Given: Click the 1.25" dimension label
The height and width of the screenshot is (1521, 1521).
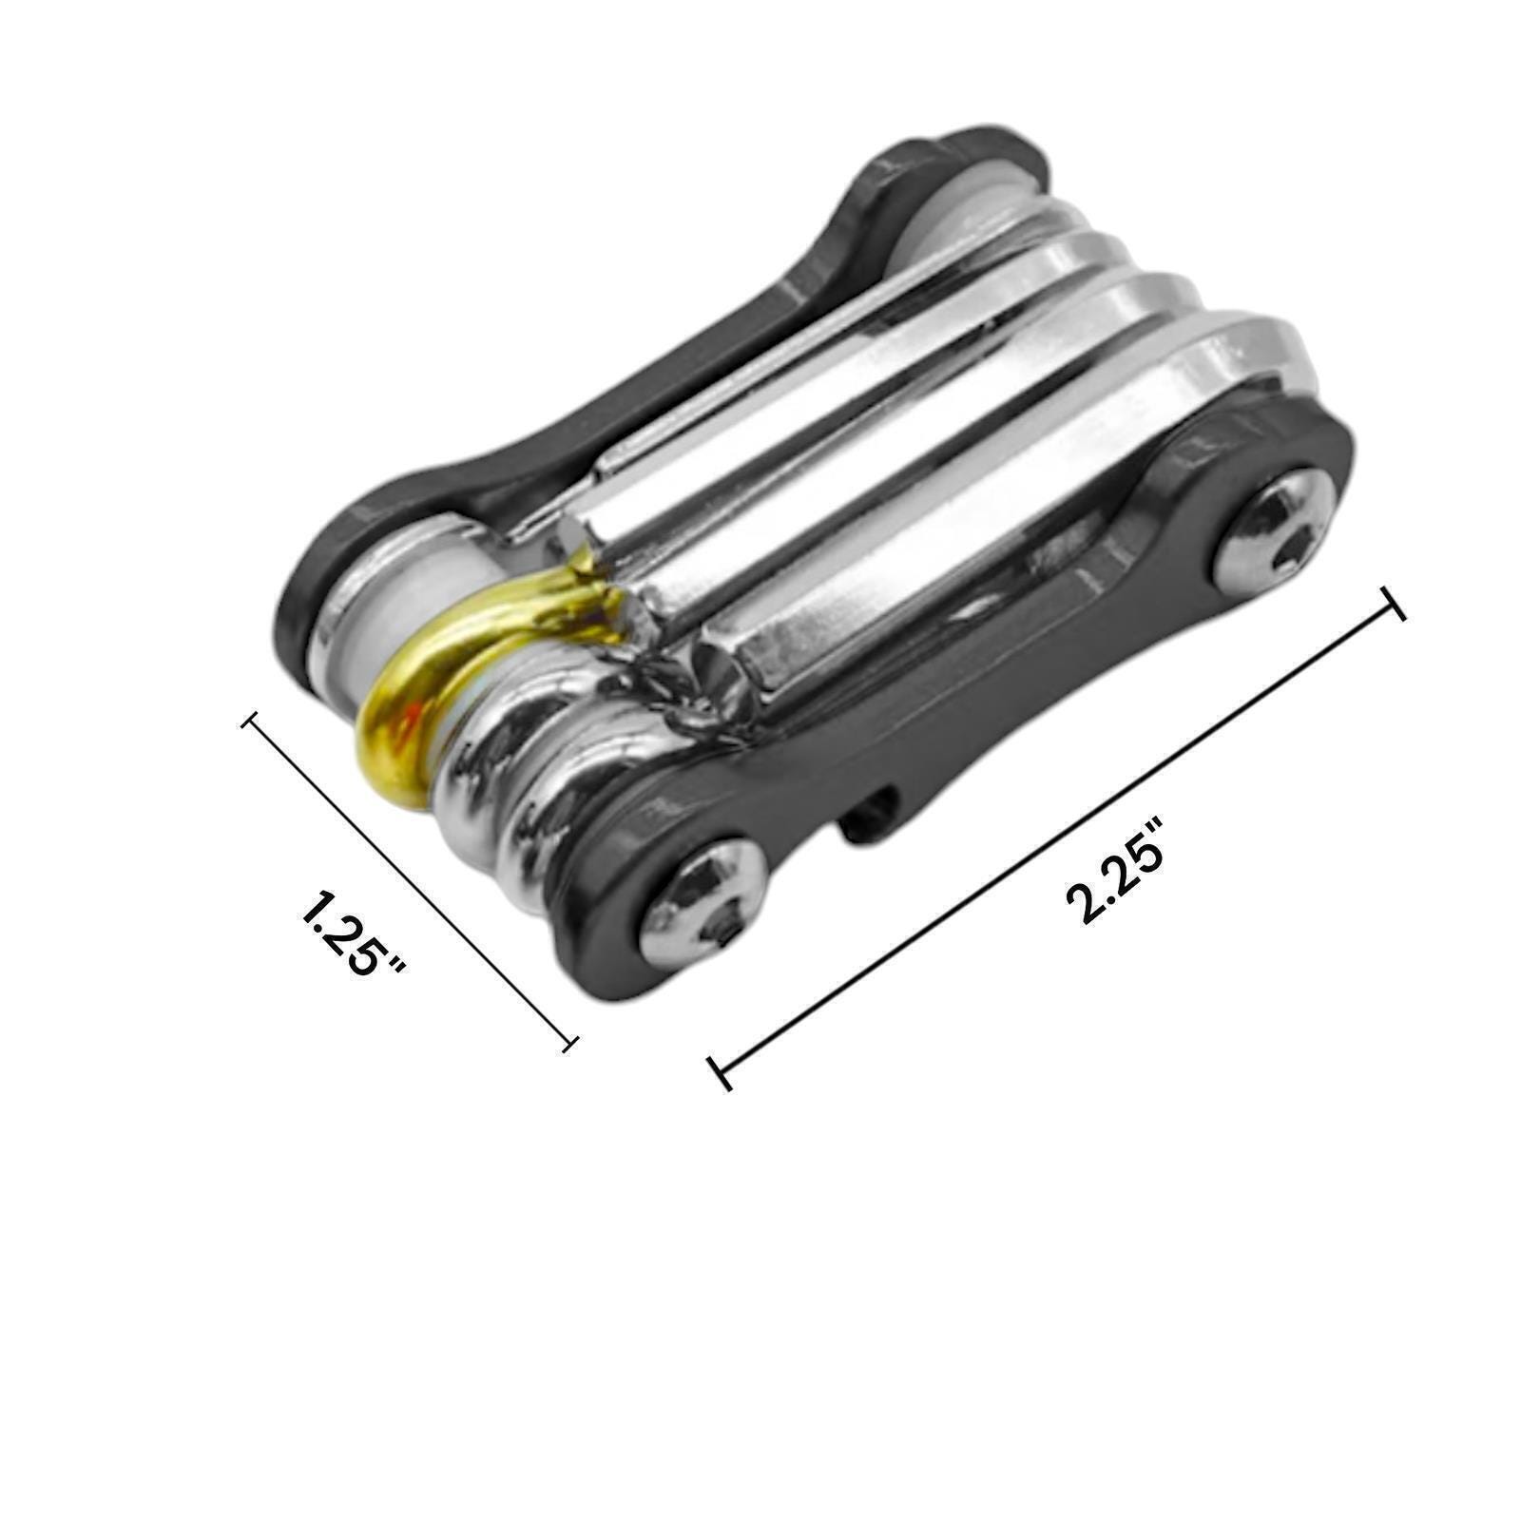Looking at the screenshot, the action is [x=353, y=933].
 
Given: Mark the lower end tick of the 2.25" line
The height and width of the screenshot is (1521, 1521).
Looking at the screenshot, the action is [x=720, y=1072].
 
